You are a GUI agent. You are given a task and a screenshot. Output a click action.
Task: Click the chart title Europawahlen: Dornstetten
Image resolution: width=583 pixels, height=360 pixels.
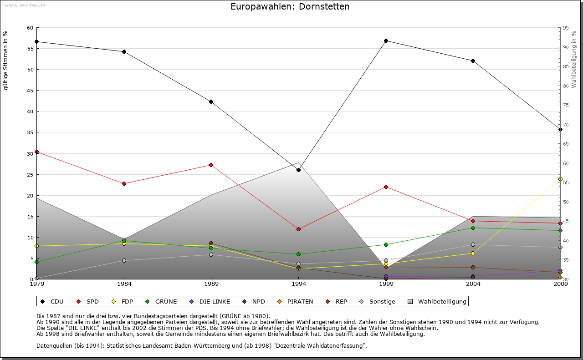290,7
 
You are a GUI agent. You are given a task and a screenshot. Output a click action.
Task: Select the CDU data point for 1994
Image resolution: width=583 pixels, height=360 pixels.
298,170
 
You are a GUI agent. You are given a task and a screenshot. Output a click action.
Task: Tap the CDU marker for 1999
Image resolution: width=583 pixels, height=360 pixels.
386,41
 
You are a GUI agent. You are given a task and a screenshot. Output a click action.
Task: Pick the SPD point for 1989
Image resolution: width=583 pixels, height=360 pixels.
211,165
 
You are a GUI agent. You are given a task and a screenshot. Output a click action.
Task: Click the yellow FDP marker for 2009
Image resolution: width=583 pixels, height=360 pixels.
560,179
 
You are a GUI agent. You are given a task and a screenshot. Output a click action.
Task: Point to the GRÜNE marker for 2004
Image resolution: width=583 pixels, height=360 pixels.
473,228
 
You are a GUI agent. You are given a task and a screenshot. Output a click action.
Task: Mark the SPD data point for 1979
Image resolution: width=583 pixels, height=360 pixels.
36,152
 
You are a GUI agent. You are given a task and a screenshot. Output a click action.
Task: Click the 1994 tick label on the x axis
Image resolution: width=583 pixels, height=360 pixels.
299,284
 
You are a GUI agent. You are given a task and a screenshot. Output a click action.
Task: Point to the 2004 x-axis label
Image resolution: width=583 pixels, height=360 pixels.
473,284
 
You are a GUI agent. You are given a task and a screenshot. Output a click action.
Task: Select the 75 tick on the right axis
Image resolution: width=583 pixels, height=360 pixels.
566,105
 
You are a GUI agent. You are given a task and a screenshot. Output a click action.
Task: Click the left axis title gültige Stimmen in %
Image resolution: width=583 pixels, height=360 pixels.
6,60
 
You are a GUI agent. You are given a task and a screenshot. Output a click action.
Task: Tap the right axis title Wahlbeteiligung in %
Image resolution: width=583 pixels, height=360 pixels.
574,60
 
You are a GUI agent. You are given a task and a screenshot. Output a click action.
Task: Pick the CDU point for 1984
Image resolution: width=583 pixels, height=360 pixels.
124,51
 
